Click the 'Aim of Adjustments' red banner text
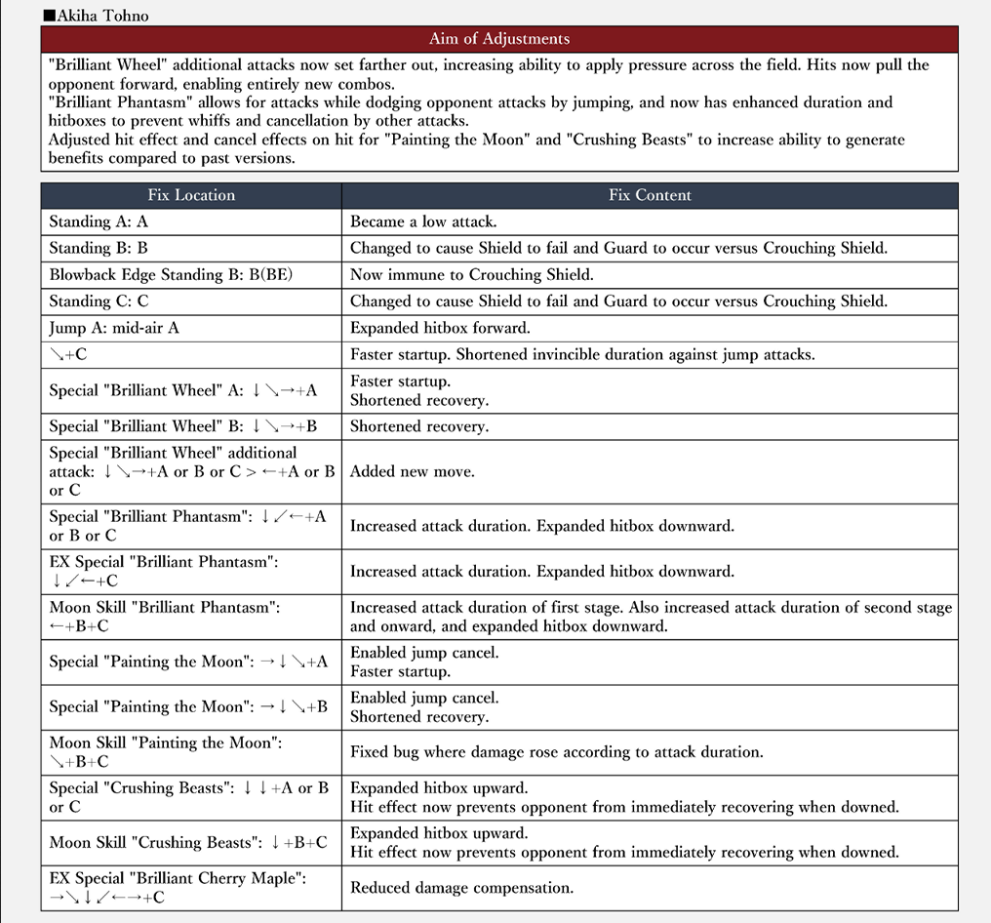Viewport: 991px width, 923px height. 498,39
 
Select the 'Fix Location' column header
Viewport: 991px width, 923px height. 191,195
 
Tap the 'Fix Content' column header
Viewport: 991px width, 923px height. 650,195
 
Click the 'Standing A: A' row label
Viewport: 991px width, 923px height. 94,221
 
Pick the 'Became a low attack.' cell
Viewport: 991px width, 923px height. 423,221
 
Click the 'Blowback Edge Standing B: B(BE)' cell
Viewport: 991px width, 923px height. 171,275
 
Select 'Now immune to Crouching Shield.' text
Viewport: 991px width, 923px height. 471,275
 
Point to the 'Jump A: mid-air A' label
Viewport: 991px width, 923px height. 114,328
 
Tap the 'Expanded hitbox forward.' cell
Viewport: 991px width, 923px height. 440,328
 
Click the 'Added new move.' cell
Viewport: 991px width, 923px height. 413,471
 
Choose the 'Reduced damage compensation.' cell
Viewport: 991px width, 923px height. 461,888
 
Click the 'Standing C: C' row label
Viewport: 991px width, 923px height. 99,301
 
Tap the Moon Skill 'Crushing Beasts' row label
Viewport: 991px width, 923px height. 188,842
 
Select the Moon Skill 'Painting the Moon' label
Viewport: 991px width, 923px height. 166,752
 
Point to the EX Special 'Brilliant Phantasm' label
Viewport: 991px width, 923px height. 165,571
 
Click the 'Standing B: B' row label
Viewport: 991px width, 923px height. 99,248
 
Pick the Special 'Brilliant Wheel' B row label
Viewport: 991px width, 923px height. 183,426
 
